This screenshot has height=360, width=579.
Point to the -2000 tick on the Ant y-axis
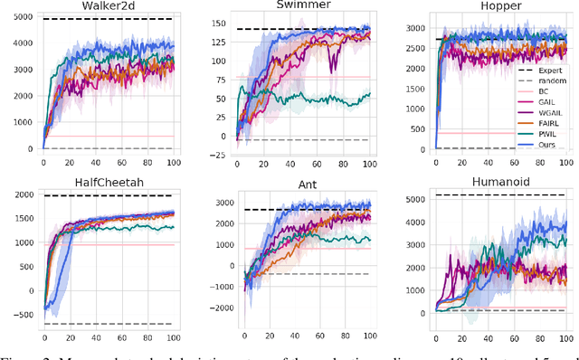pyautogui.click(x=213, y=308)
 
